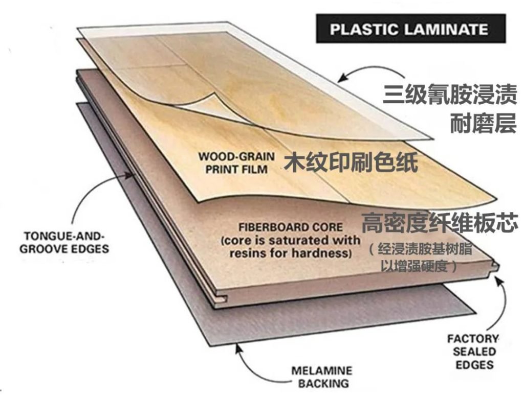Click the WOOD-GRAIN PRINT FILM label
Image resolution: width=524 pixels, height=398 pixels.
tap(236, 162)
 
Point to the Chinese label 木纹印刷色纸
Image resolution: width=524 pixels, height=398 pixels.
tap(351, 162)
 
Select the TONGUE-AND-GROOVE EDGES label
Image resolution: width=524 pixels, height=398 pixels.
tap(67, 243)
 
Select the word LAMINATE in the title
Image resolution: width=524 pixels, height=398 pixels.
tap(446, 29)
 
